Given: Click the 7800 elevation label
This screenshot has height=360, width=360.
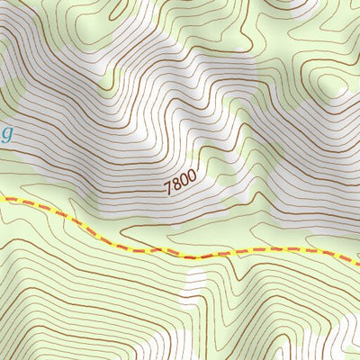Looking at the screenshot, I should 180,183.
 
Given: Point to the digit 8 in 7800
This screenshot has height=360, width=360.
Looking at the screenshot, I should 176,185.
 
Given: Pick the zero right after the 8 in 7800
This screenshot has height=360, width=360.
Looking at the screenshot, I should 184,181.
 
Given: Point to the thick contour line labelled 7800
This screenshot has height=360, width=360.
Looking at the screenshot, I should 135,193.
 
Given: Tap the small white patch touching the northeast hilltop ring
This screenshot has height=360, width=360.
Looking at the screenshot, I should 347,90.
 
